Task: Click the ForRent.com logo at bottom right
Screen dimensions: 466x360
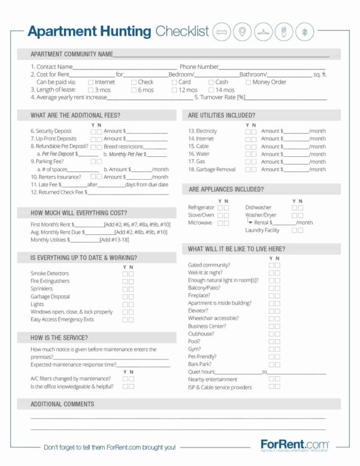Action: point(295,445)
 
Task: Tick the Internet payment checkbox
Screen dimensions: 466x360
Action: point(90,82)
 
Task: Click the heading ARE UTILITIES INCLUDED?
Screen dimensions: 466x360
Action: point(221,115)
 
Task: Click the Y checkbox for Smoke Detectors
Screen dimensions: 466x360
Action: point(125,273)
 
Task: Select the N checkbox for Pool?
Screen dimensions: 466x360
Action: point(277,341)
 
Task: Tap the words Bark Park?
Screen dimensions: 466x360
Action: point(199,364)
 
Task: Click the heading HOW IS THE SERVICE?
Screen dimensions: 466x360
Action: point(62,337)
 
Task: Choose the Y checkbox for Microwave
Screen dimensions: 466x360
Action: point(220,223)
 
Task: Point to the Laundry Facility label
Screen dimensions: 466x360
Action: point(262,231)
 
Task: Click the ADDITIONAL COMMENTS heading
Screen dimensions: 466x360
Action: point(62,404)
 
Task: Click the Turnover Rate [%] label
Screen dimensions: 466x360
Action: point(219,97)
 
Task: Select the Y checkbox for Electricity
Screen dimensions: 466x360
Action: point(248,131)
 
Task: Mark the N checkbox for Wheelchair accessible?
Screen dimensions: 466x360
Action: point(277,319)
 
